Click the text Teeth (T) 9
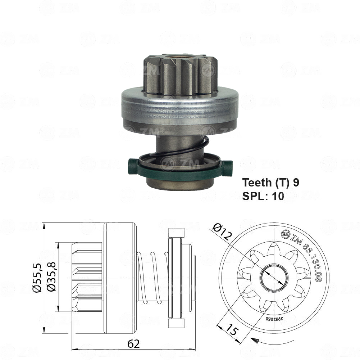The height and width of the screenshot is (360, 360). [x=270, y=183]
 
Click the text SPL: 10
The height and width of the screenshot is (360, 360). [x=263, y=196]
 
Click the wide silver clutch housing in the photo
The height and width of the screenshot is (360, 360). [x=180, y=108]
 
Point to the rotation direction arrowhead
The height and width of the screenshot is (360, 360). [x=256, y=340]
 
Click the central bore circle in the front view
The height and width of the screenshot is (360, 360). [x=274, y=278]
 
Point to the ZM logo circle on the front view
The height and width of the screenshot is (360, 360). [x=286, y=234]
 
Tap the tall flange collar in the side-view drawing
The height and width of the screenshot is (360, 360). [x=176, y=278]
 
